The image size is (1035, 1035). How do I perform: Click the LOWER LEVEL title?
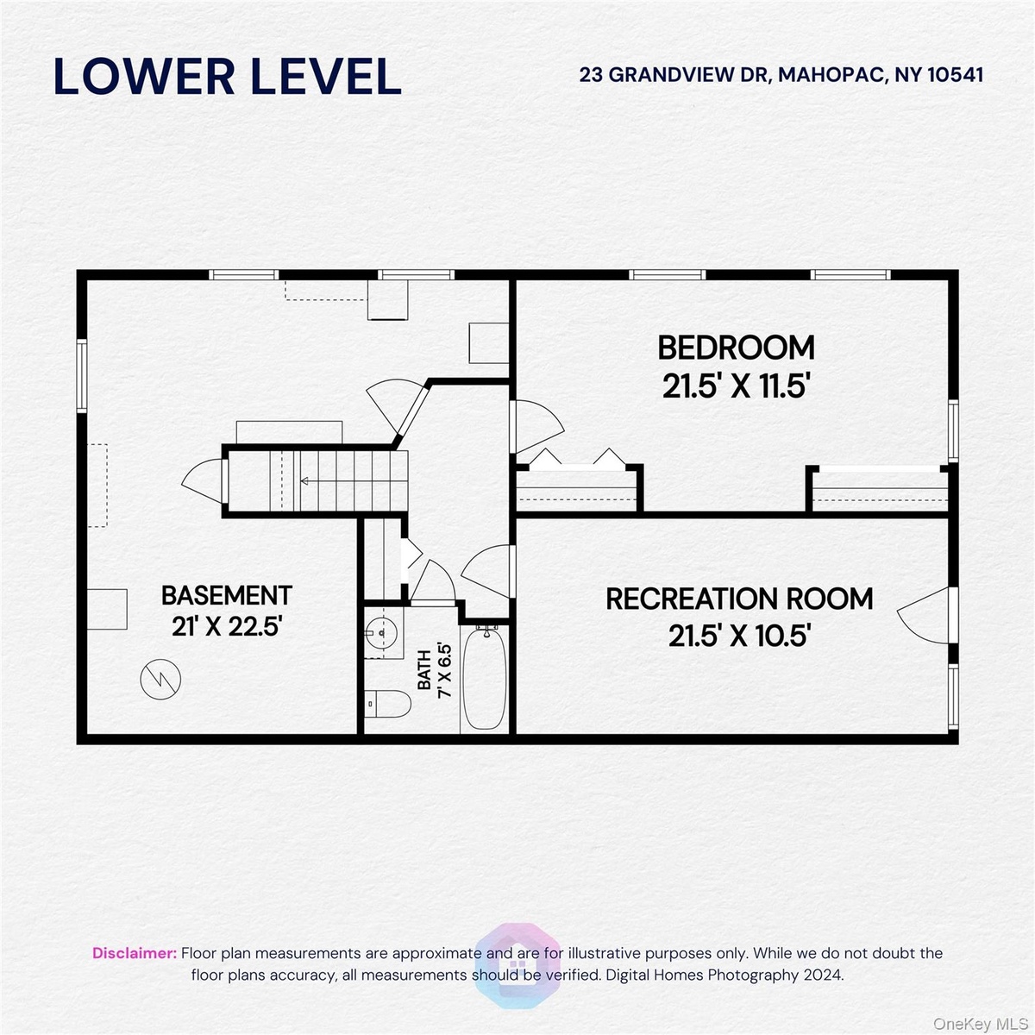227,76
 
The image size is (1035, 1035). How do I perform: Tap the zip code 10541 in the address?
956,75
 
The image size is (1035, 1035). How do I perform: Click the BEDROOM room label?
736,348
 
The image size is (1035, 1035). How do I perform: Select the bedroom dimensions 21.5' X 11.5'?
736,386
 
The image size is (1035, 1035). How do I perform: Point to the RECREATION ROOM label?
739,599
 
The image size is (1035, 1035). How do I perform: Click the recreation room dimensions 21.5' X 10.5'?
739,636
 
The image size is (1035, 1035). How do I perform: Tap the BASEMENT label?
227,595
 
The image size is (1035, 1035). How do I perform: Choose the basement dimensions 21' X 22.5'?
227,626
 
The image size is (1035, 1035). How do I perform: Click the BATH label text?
424,670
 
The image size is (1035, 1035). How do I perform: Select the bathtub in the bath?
485,679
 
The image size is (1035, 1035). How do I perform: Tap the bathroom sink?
382,633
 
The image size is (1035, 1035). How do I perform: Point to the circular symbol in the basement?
160,679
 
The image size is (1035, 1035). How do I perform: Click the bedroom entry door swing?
537,426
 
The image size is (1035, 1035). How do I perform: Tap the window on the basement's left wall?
82,375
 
